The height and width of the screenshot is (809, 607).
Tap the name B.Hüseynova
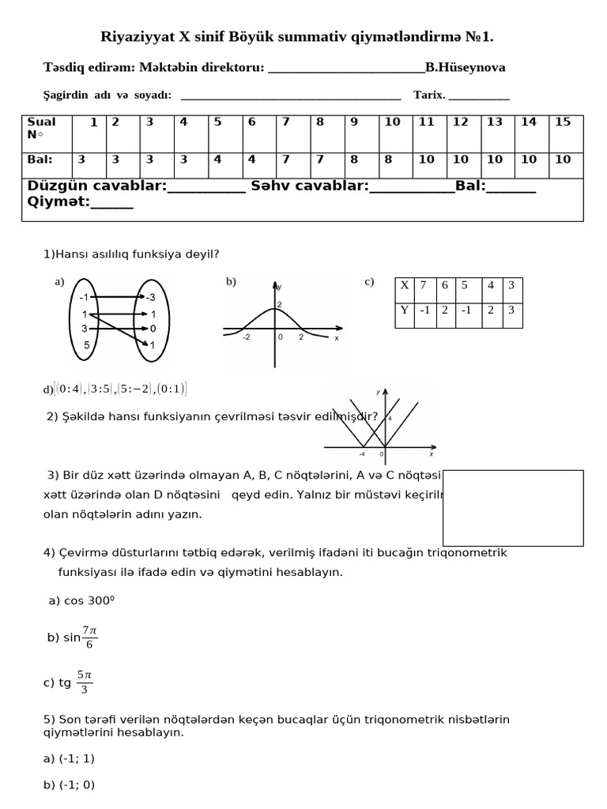(466, 68)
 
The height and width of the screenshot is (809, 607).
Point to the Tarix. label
(429, 96)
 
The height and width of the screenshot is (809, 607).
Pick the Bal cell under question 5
(217, 160)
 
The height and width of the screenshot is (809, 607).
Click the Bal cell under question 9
(354, 160)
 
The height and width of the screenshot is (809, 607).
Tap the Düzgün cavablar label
(97, 186)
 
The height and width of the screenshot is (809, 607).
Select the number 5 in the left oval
(87, 345)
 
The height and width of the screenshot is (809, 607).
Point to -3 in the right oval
(150, 297)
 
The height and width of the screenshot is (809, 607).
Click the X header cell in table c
(405, 285)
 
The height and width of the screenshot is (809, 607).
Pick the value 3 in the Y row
(511, 310)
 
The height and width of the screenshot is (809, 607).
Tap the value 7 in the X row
(424, 285)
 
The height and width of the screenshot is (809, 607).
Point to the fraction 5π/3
(85, 683)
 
